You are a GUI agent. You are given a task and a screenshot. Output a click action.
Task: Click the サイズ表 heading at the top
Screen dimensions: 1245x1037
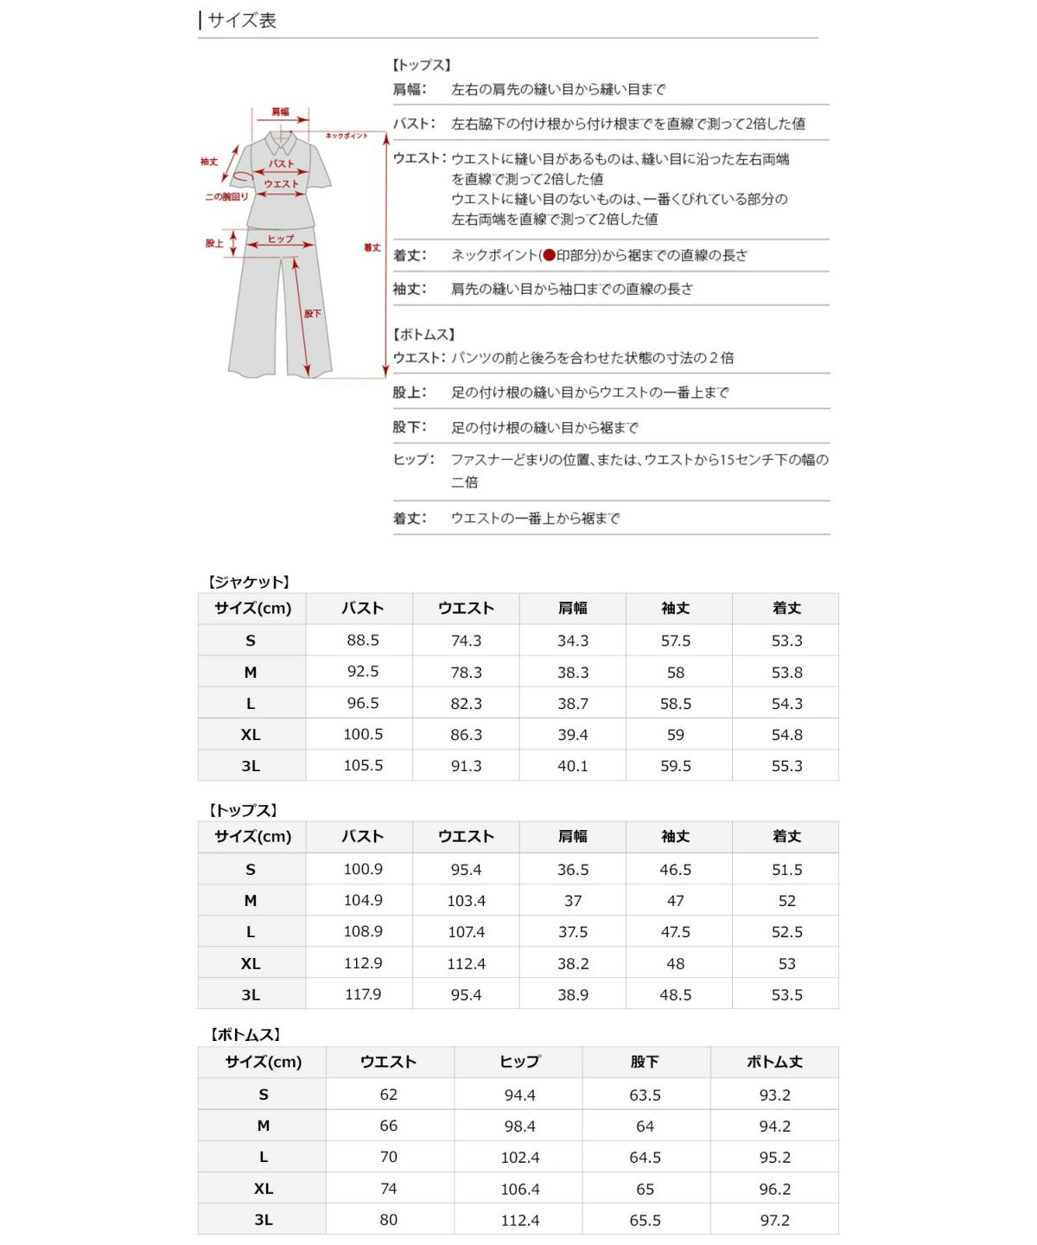tap(241, 20)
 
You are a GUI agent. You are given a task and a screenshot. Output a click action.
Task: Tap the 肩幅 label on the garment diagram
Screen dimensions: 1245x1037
tap(281, 112)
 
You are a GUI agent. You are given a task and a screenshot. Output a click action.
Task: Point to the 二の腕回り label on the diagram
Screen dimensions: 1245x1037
tap(226, 197)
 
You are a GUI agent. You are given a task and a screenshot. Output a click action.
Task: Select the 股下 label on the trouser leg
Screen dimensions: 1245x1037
tap(312, 314)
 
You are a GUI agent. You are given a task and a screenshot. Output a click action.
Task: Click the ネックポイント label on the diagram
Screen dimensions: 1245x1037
tap(347, 136)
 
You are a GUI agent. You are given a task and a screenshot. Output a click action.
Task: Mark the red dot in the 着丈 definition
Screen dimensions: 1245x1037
tap(549, 255)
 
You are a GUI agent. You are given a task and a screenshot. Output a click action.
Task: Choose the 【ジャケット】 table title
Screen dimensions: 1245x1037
tap(248, 582)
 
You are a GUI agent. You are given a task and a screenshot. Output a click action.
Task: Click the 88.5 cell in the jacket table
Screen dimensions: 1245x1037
tap(363, 641)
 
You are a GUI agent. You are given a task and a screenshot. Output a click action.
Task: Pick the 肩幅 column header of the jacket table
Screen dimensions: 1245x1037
tap(573, 609)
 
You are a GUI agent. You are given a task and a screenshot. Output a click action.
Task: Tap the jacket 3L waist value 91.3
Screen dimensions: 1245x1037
tap(467, 766)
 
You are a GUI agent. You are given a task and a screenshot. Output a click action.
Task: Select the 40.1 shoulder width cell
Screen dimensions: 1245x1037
tap(573, 766)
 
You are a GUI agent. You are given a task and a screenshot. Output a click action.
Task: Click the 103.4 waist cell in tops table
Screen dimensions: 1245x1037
tap(467, 901)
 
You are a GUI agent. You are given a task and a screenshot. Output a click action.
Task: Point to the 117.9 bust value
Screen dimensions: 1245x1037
tap(363, 994)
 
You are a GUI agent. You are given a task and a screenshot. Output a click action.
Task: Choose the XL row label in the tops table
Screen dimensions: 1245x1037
tap(251, 963)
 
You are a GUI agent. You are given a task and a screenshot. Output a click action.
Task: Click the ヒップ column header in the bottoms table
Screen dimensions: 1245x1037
tap(519, 1062)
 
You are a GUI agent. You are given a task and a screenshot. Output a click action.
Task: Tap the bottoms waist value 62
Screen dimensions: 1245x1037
tap(389, 1095)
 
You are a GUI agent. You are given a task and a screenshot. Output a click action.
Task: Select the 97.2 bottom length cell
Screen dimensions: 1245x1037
tap(774, 1220)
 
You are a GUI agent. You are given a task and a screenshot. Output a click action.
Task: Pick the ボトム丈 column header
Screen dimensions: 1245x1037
tap(774, 1062)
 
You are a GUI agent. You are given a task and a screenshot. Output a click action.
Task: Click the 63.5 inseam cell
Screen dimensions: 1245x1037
tap(645, 1095)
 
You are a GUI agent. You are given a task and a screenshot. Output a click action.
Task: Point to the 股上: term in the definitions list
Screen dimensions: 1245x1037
tap(410, 393)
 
